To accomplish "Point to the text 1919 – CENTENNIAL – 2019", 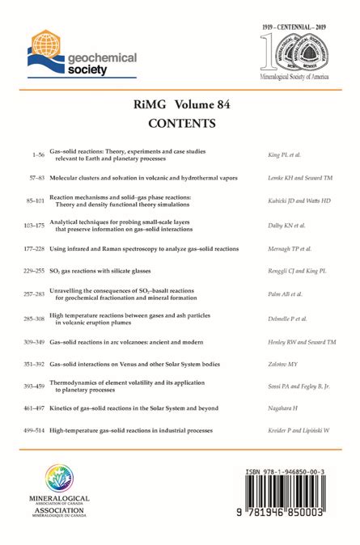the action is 296,27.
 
